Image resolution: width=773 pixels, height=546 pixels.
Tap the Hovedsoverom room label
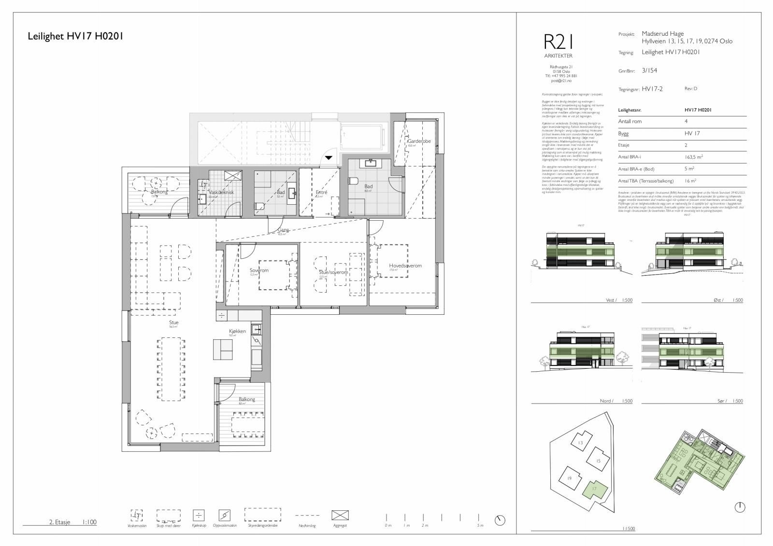click(405, 266)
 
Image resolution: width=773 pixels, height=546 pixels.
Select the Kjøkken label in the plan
click(237, 331)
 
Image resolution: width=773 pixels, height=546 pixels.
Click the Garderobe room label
click(418, 141)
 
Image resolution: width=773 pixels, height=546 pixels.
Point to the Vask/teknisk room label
click(221, 192)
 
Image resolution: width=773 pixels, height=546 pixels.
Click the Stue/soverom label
click(333, 272)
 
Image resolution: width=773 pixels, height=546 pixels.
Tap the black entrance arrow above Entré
click(329, 157)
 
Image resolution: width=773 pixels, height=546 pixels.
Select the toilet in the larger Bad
click(354, 182)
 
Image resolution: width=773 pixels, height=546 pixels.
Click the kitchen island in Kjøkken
click(223, 350)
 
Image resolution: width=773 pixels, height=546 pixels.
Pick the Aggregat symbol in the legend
click(340, 515)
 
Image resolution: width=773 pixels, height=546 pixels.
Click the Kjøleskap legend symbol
click(199, 515)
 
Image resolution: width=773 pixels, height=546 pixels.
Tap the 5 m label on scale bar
click(480, 525)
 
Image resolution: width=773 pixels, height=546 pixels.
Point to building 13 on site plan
click(581, 443)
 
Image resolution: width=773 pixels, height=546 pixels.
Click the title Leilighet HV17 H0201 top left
click(76, 36)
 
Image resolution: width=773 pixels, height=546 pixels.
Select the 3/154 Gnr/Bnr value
click(649, 70)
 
